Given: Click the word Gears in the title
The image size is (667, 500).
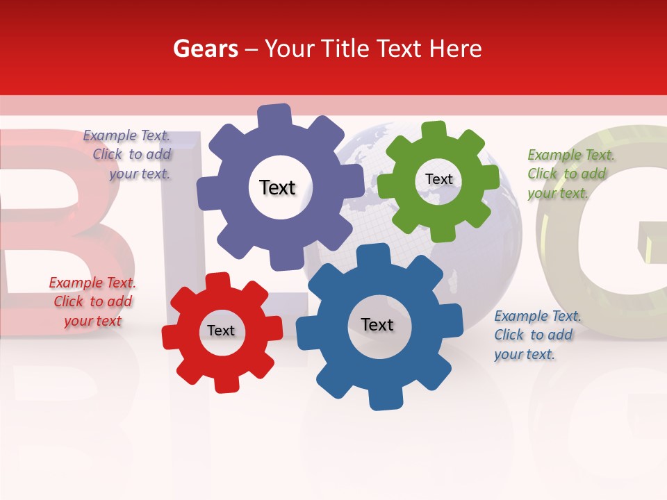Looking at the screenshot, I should tap(206, 49).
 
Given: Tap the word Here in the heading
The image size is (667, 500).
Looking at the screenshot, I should tap(455, 49).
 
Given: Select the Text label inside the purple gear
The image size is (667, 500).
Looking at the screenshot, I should tap(277, 187).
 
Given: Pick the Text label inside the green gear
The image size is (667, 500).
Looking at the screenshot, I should tap(438, 179).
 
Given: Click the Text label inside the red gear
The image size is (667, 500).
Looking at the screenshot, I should tap(221, 331).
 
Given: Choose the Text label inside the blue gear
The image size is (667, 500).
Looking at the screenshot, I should tap(377, 324).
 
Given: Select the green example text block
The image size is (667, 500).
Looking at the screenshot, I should tap(570, 174).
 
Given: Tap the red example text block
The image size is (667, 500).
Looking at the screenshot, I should tap(92, 302).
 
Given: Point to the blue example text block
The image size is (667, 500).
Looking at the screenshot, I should tap(536, 335).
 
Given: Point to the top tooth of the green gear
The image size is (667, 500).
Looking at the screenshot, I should tap(433, 131).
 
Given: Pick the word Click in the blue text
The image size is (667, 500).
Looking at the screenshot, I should tap(509, 335).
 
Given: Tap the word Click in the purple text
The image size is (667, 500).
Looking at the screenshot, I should tap(108, 155).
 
